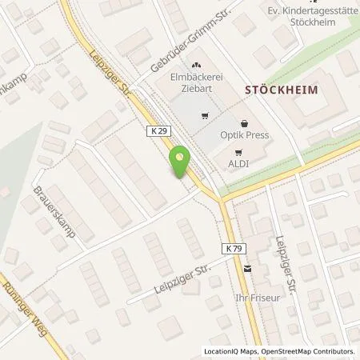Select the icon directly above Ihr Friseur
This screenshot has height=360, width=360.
coord(247,270)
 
